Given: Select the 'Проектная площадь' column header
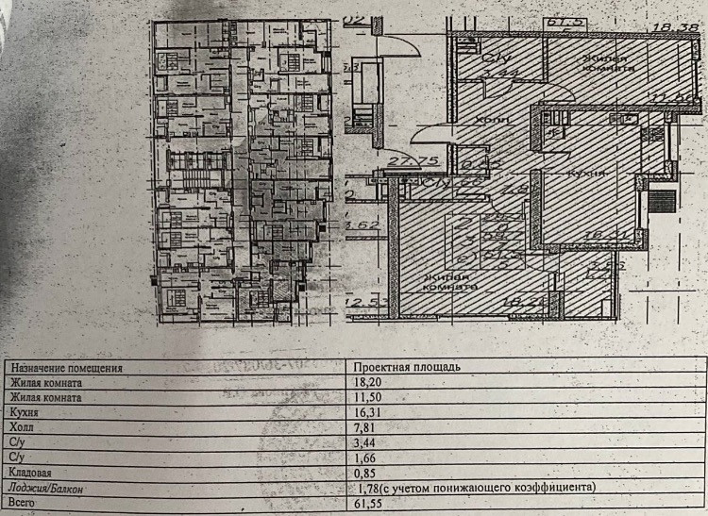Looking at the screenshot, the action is click(x=406, y=367).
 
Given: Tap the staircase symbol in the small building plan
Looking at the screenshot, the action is click(x=194, y=176).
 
